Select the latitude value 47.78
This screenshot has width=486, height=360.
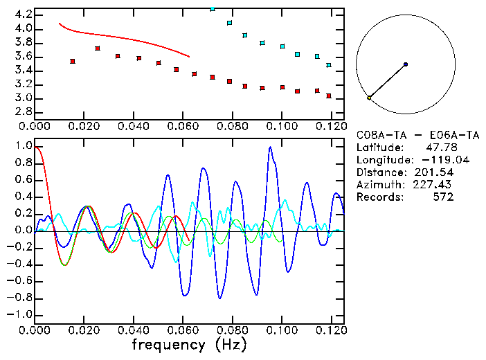(x=439, y=147)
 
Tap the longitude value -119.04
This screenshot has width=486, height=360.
(x=435, y=160)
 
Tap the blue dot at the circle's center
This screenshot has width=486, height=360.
(x=405, y=64)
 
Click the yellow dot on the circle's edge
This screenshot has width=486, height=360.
(x=369, y=98)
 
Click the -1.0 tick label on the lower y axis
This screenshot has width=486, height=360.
(x=21, y=314)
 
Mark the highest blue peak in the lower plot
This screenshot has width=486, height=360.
(x=270, y=147)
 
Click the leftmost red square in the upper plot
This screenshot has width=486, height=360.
(x=73, y=61)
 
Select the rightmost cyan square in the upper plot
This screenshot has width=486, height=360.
(x=329, y=65)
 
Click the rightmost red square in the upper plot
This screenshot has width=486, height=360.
(x=329, y=96)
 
